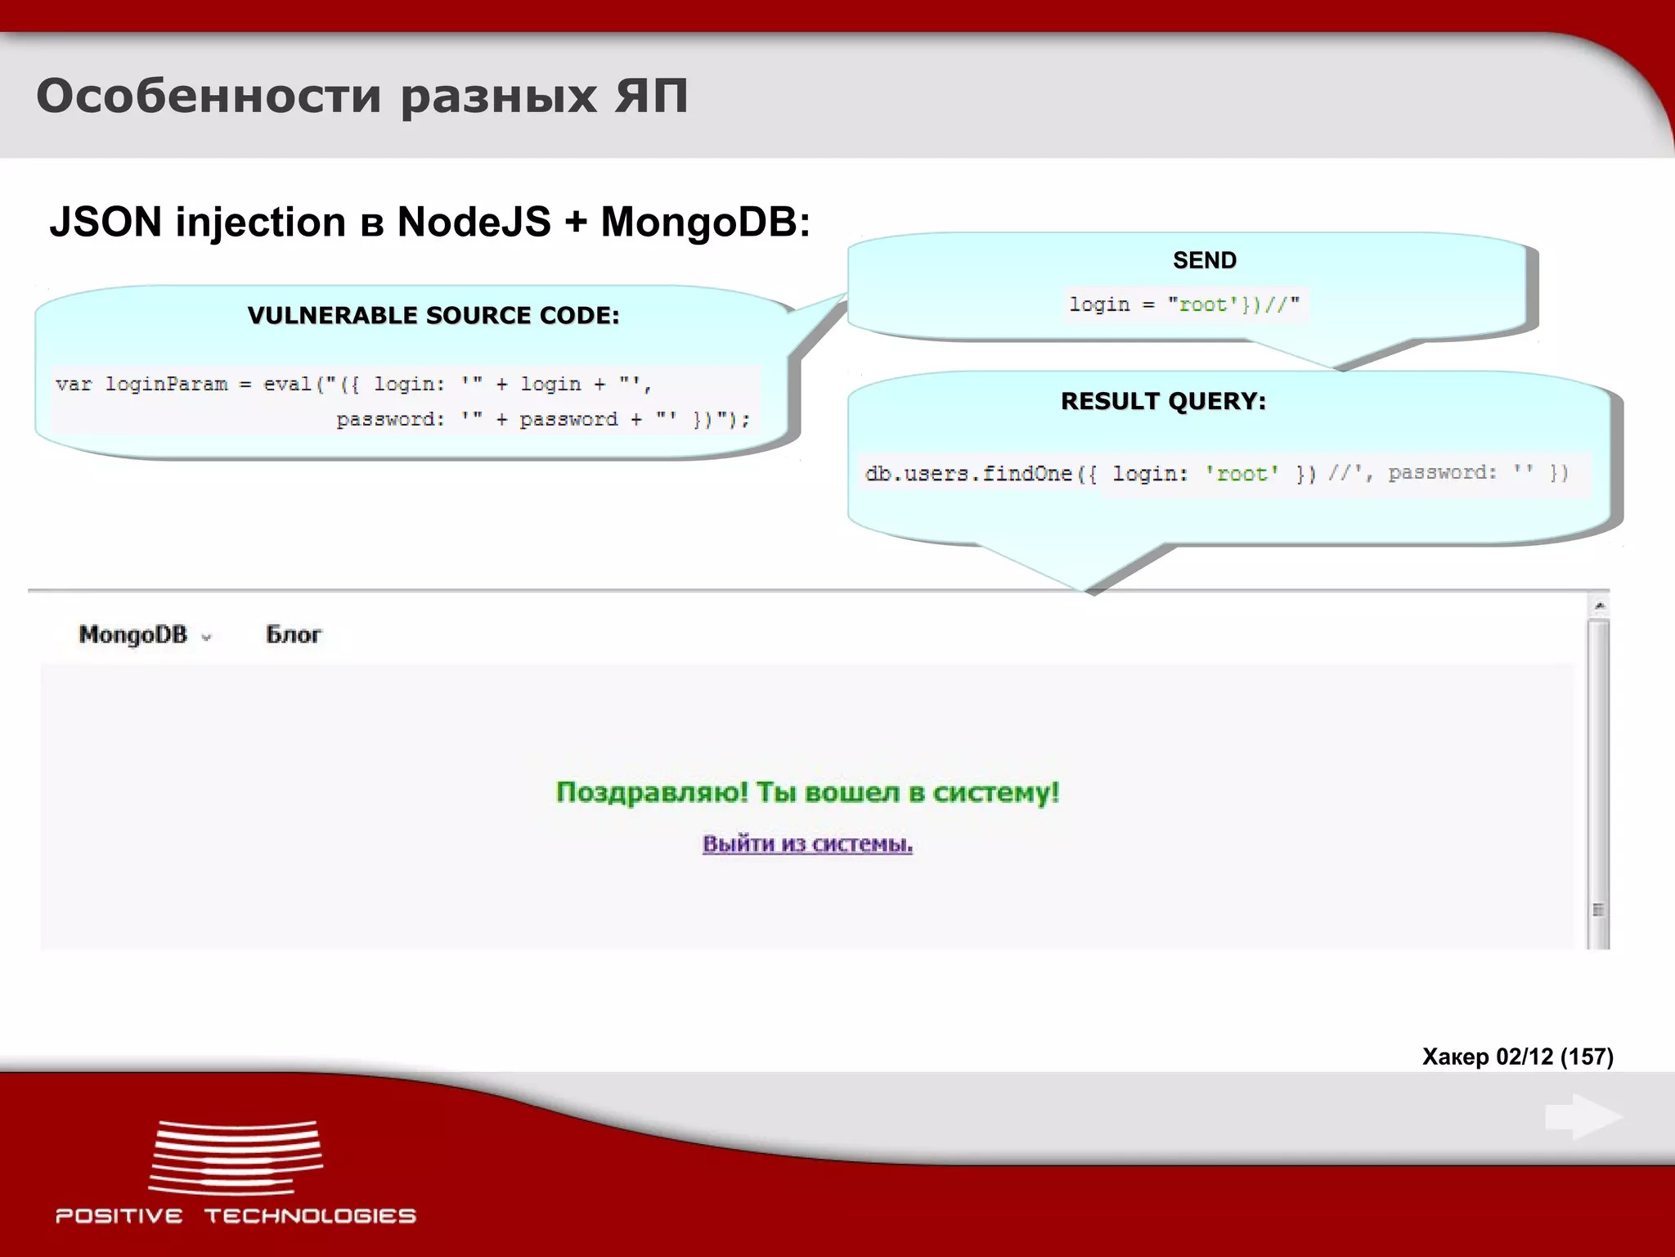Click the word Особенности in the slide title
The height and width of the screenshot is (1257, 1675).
click(x=209, y=97)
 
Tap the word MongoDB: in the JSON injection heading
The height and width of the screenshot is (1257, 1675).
click(x=705, y=222)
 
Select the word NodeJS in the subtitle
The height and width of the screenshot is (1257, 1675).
click(x=474, y=222)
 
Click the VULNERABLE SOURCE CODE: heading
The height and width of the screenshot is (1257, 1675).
click(x=433, y=315)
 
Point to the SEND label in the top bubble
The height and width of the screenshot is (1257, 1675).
click(x=1204, y=260)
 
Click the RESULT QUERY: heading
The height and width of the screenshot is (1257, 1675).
click(x=1163, y=401)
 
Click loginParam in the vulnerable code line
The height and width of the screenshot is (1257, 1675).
click(x=166, y=384)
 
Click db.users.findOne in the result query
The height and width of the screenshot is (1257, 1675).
click(x=968, y=473)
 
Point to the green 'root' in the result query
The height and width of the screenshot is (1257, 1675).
click(x=1242, y=473)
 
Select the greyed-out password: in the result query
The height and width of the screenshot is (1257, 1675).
click(x=1442, y=472)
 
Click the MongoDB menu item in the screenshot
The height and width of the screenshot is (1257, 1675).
click(x=133, y=634)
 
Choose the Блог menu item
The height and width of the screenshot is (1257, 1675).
click(x=294, y=634)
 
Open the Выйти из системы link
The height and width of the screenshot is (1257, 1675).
click(x=807, y=844)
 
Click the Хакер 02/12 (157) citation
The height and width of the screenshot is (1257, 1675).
click(x=1517, y=1057)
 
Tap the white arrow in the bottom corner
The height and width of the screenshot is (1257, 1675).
click(x=1583, y=1116)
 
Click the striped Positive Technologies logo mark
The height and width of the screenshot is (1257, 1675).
click(x=236, y=1157)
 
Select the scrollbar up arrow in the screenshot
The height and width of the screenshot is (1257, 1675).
click(x=1599, y=606)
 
